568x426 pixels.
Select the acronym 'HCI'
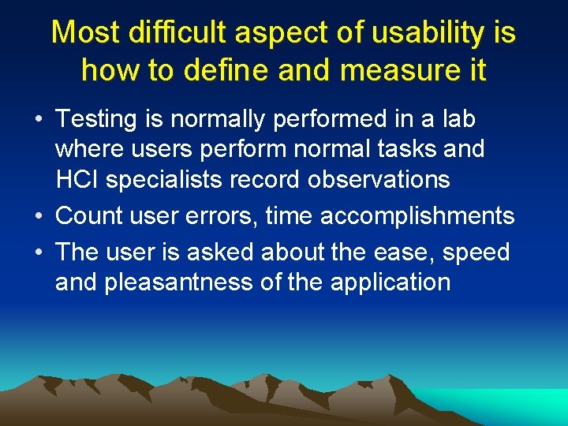point(77,180)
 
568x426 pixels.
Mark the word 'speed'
point(476,252)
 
